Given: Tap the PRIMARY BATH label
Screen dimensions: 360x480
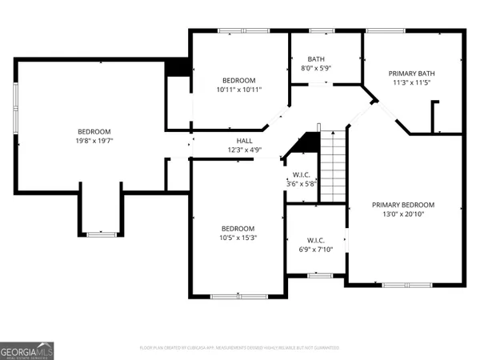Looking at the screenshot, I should coord(411,72).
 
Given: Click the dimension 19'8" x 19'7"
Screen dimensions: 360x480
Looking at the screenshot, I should coord(94,142).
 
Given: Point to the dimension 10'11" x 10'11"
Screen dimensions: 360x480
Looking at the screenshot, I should coord(238,90).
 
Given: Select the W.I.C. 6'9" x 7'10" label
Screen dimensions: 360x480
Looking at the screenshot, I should coord(315,246).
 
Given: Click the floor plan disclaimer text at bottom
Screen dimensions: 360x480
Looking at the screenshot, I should coord(239,348).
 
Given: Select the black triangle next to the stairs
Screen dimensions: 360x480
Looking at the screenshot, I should coord(305,143).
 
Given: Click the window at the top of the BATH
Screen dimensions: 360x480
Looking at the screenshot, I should coord(322,31).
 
